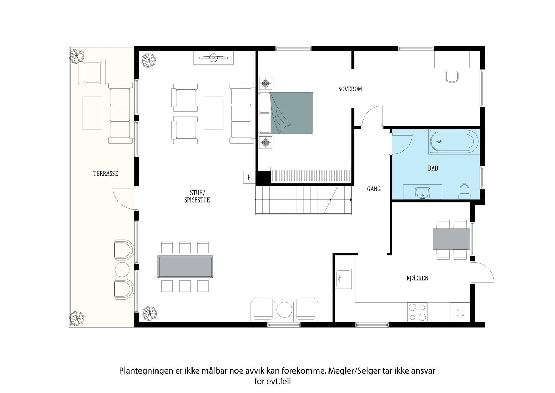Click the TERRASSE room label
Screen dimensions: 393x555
pos(105,173)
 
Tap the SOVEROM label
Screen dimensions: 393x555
pos(350,89)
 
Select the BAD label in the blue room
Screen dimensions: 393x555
pos(433,168)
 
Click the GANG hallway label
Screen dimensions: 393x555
pos(374,189)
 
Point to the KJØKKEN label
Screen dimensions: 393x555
pos(417,278)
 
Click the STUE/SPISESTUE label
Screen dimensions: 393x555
pos(197,196)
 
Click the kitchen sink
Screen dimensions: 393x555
pos(343,278)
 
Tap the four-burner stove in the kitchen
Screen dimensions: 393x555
pos(417,312)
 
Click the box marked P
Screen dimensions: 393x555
pos(249,177)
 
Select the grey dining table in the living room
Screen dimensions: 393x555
pos(185,267)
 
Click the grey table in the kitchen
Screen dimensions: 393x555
pos(451,239)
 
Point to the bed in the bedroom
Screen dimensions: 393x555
pos(291,113)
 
